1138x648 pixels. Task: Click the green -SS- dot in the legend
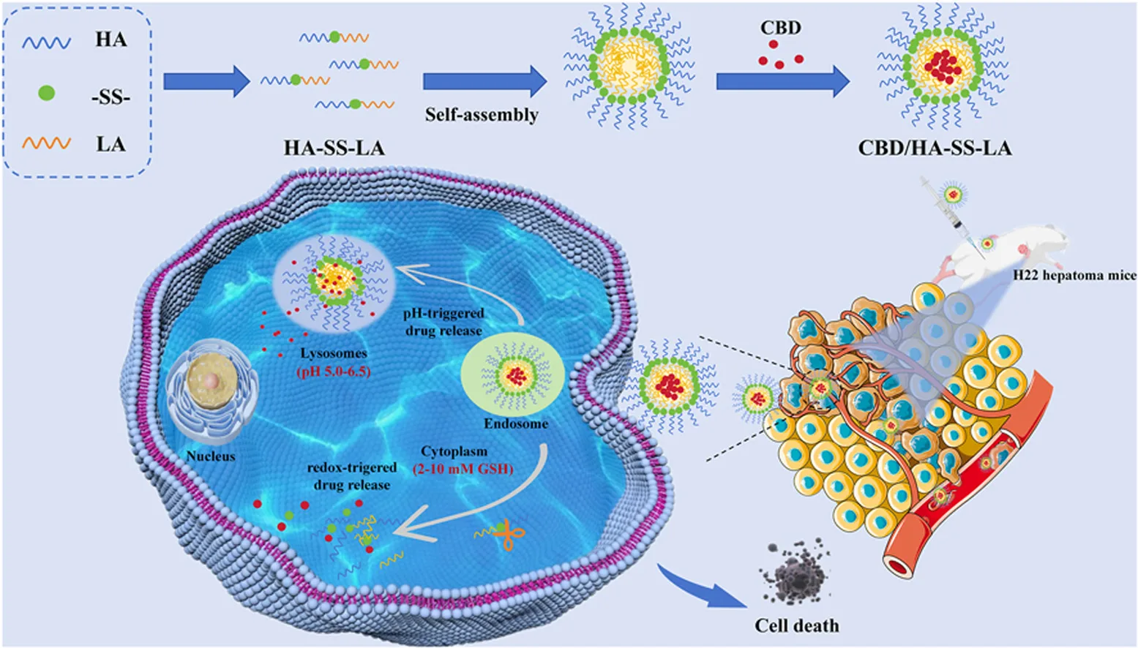(x=46, y=93)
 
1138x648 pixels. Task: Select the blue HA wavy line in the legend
(x=46, y=42)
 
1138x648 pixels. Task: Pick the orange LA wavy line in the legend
(x=46, y=143)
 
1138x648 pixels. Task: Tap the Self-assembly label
(x=482, y=115)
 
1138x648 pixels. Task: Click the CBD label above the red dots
(x=780, y=27)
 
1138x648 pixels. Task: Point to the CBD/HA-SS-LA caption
(x=935, y=148)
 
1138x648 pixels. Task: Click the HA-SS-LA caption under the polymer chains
(x=334, y=148)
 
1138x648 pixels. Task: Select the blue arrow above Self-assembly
(x=484, y=81)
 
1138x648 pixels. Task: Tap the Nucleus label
(x=210, y=456)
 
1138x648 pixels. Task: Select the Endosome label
(x=516, y=423)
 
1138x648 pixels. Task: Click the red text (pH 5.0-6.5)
(x=333, y=372)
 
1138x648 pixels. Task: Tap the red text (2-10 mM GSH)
(x=463, y=468)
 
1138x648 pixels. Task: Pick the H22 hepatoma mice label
(x=1074, y=275)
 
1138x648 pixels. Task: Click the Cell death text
(x=796, y=625)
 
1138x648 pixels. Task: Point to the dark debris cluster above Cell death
(x=795, y=572)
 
